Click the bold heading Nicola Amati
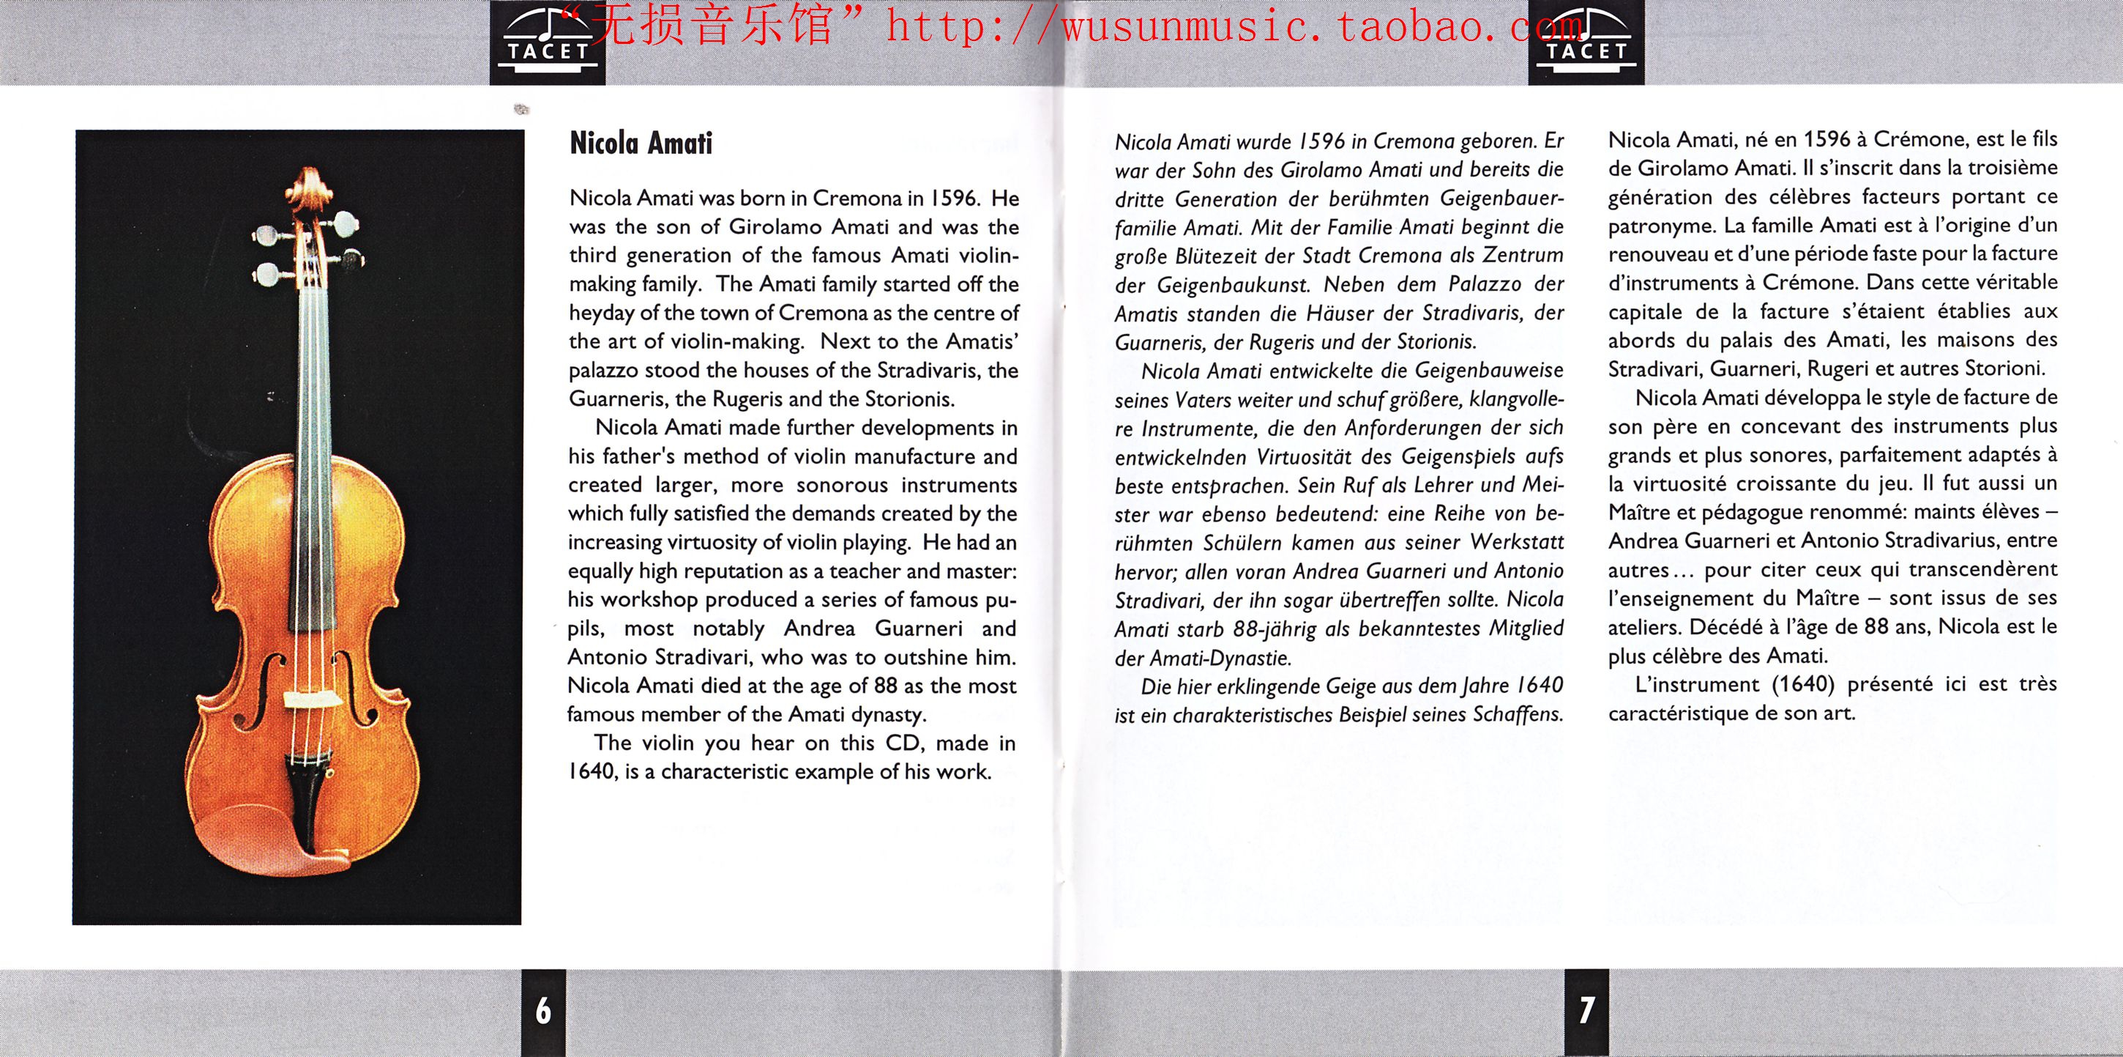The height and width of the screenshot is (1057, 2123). click(x=641, y=144)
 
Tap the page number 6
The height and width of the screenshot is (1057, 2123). click(x=543, y=1010)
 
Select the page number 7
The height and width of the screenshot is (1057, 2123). click(x=1586, y=1010)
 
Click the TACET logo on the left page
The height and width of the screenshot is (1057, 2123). click(x=548, y=43)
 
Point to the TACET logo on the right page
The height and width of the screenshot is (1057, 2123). click(x=1586, y=43)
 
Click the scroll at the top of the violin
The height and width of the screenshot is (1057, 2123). click(x=310, y=189)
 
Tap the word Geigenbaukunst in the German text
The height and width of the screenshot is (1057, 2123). click(x=1231, y=285)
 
